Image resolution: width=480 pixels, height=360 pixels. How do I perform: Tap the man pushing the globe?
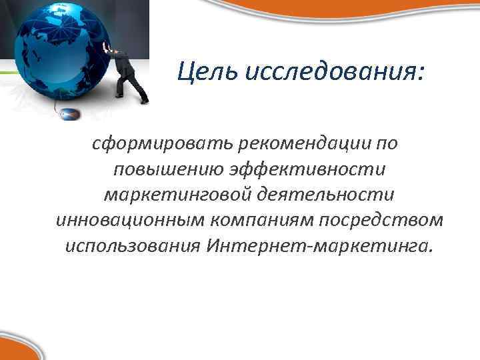(131, 73)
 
